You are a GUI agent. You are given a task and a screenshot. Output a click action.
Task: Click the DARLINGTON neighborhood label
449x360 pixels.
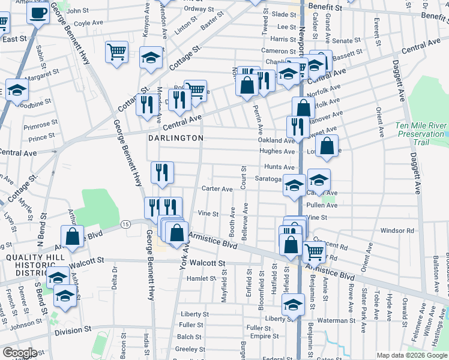pyautogui.click(x=176, y=138)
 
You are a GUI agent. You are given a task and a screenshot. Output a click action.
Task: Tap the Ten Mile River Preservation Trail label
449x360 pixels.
pyautogui.click(x=420, y=134)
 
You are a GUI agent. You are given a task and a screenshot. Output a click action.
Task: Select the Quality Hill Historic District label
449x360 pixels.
pyautogui.click(x=27, y=265)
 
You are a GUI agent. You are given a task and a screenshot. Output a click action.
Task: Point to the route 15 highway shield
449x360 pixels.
pyautogui.click(x=125, y=224)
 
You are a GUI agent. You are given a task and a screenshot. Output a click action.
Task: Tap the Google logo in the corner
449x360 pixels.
pyautogui.click(x=19, y=353)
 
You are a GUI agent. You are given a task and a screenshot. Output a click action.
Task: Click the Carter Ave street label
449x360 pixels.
pyautogui.click(x=217, y=189)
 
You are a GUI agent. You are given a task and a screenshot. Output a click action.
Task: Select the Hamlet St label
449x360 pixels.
pyautogui.click(x=201, y=278)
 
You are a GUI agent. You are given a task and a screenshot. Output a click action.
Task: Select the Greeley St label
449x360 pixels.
pyautogui.click(x=191, y=349)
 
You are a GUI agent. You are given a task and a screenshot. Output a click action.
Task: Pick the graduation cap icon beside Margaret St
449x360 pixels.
pyautogui.click(x=17, y=89)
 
